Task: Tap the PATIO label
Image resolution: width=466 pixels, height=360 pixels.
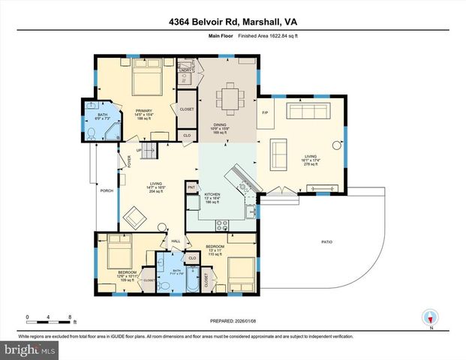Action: tap(326, 241)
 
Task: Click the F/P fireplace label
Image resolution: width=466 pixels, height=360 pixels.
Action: tap(264, 113)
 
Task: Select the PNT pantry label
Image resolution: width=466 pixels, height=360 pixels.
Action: tap(191, 186)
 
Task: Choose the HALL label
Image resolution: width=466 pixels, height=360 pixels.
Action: tap(176, 241)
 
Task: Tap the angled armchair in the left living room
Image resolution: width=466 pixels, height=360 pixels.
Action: tap(137, 218)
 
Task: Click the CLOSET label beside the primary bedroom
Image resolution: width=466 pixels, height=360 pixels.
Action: tap(187, 109)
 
